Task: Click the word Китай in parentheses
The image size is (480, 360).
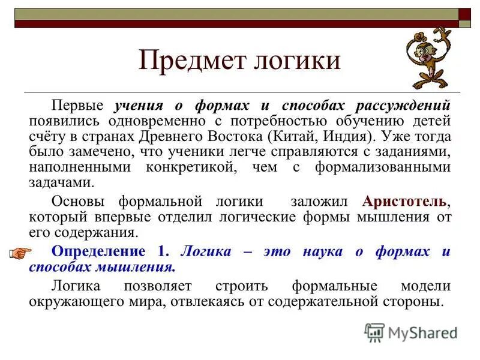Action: (295, 136)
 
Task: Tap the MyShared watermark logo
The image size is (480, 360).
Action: (411, 332)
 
